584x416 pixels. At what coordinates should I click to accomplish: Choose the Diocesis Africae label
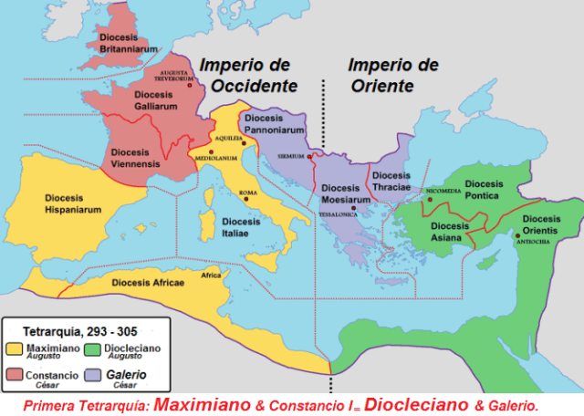[148, 283]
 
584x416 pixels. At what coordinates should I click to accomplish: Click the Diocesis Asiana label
[451, 232]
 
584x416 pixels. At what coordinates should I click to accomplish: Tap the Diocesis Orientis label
[542, 224]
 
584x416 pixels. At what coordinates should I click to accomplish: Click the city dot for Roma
[244, 200]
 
